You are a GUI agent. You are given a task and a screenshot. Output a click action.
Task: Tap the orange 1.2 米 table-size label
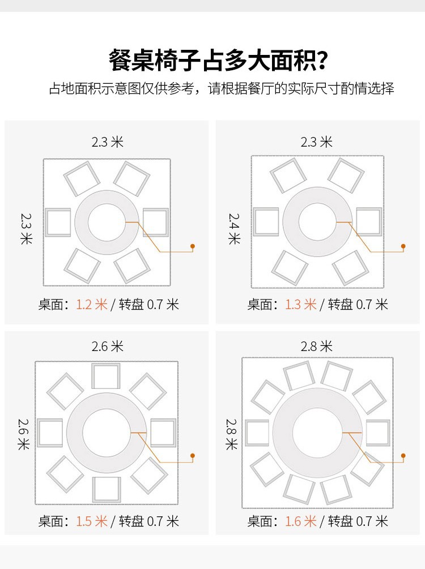tap(92, 305)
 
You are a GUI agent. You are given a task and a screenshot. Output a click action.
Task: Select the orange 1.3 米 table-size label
tap(301, 305)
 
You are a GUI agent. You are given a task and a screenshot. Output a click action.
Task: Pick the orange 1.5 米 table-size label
tap(92, 521)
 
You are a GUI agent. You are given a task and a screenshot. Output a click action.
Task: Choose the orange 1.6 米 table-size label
tap(301, 521)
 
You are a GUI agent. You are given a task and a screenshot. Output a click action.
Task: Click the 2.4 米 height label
tap(233, 228)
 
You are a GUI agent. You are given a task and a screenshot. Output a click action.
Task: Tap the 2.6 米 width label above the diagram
tap(108, 346)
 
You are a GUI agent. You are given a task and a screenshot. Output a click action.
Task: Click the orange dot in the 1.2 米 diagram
tap(193, 246)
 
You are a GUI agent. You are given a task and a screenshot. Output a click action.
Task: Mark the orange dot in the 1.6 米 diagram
tap(403, 455)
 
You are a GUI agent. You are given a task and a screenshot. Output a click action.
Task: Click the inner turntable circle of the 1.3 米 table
tap(317, 222)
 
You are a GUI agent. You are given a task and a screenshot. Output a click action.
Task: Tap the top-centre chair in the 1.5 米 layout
tap(107, 377)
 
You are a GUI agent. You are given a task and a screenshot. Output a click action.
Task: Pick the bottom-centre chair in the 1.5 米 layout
tap(107, 489)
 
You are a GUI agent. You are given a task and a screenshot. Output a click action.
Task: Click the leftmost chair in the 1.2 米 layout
tap(58, 222)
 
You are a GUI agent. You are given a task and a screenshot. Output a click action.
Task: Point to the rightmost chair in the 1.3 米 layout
tap(368, 221)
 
